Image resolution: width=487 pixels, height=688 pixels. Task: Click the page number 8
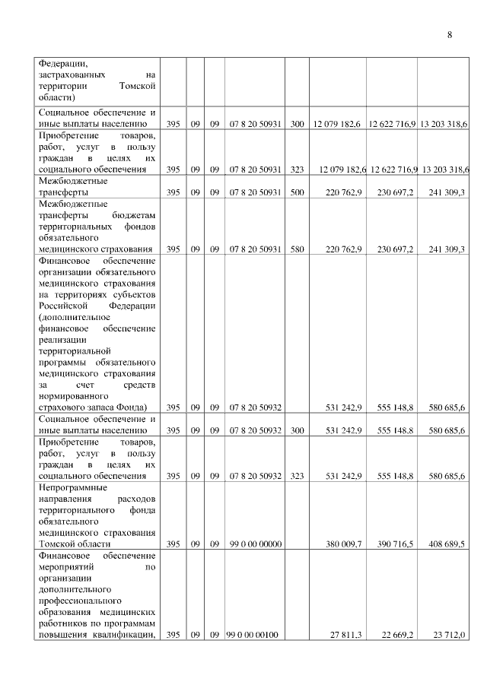(450, 35)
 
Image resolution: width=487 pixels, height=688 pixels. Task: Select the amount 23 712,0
(449, 635)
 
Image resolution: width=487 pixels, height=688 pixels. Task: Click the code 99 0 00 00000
(254, 544)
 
